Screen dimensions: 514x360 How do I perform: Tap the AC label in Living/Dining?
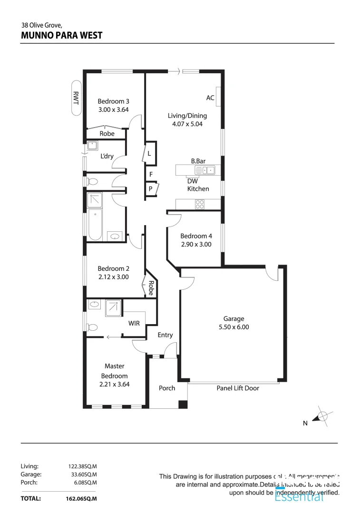click(x=210, y=98)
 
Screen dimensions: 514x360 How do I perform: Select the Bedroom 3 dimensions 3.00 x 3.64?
click(x=113, y=109)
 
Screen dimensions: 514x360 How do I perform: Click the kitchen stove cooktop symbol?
click(x=200, y=204)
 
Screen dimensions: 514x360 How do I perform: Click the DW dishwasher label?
click(x=193, y=181)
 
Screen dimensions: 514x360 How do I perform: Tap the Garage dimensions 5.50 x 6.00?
click(x=234, y=327)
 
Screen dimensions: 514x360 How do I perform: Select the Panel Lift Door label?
click(x=238, y=388)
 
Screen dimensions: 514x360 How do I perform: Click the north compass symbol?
click(x=322, y=415)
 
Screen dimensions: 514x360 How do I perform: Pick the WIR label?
click(x=134, y=324)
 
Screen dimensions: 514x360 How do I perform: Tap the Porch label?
click(x=167, y=388)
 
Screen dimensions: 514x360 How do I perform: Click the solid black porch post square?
click(x=183, y=404)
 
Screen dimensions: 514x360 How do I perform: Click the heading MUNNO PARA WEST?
click(x=62, y=35)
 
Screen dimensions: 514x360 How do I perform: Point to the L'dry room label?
click(x=107, y=157)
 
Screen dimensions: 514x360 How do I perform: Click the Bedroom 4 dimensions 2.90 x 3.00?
click(x=196, y=244)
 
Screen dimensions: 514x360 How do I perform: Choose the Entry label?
click(x=165, y=335)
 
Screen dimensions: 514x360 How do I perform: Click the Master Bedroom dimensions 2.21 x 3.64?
click(x=114, y=384)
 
